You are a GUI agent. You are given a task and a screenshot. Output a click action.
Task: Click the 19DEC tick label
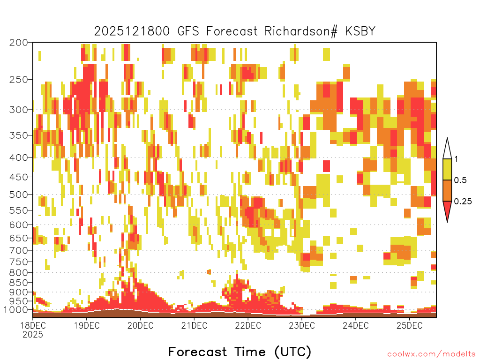click(x=87, y=325)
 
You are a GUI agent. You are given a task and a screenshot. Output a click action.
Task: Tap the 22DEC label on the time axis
click(x=248, y=325)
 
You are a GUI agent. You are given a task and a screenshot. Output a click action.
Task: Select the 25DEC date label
click(x=410, y=325)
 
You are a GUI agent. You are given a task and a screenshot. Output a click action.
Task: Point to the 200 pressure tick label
click(x=19, y=43)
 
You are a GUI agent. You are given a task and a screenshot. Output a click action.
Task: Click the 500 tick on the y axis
click(x=19, y=195)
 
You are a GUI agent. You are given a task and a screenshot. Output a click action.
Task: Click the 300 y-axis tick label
click(x=19, y=110)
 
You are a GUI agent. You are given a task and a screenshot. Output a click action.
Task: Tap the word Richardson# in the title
click(x=301, y=31)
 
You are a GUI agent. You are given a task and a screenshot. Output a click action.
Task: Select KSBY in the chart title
click(x=360, y=31)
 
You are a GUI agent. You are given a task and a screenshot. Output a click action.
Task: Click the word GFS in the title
click(x=188, y=31)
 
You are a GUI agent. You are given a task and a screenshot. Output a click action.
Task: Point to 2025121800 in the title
click(x=132, y=31)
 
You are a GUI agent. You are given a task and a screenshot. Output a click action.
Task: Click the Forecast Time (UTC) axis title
click(x=240, y=352)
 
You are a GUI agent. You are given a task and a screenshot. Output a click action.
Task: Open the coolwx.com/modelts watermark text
click(x=431, y=354)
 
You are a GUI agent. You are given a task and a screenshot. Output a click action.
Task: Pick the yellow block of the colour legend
click(x=447, y=169)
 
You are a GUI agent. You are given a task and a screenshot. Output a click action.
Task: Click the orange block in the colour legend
click(x=447, y=190)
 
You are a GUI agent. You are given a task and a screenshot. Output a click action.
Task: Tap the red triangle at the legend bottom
click(x=447, y=210)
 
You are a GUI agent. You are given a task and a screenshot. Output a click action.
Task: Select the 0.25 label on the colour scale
click(x=463, y=201)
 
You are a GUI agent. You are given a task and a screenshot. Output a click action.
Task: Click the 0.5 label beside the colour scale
click(x=460, y=180)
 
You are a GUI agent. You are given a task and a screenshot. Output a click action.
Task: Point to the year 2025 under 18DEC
click(x=33, y=335)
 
